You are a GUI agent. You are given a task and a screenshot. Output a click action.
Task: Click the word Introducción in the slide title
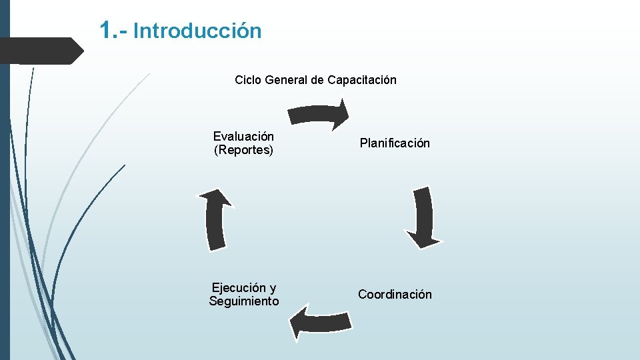197,31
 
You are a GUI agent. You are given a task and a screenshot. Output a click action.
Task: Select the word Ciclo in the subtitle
248,80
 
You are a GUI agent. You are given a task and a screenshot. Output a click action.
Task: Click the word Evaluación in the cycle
243,137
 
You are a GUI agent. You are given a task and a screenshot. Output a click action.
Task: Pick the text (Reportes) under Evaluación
243,151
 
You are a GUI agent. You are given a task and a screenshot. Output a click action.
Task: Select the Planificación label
395,143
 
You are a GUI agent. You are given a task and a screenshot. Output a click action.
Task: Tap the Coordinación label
395,295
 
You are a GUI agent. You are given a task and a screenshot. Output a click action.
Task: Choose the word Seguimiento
244,302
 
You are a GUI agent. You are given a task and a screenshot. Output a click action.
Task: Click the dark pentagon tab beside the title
40,51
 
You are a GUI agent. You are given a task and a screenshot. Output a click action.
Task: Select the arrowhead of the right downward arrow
422,238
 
